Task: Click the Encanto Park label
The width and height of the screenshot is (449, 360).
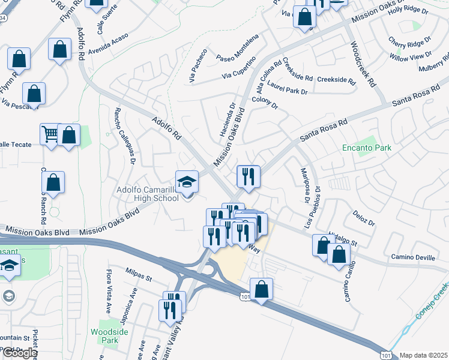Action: coord(366,148)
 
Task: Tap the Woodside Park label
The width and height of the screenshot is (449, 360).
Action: coord(105,336)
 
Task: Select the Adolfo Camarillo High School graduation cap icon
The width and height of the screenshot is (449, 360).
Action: coord(187,181)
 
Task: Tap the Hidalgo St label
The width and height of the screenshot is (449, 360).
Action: coord(342,238)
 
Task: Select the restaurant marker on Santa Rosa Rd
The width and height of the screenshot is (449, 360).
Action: coord(248,176)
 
